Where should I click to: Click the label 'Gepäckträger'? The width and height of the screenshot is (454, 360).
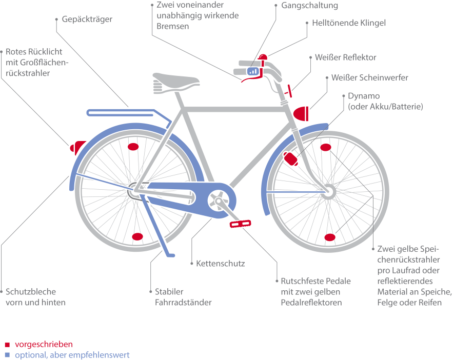(87, 19)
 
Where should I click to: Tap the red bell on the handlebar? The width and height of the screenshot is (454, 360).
(264, 57)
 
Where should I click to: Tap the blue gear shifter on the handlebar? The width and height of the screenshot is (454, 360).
(253, 71)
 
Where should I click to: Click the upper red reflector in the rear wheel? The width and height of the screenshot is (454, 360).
(133, 147)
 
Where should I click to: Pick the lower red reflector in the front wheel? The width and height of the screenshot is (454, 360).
(330, 237)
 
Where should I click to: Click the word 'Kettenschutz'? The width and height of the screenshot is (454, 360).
(221, 264)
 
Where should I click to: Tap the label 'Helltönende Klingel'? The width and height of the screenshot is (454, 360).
(348, 23)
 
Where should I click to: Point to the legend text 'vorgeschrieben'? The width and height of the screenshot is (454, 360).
(44, 344)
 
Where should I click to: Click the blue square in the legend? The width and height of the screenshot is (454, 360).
(7, 355)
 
